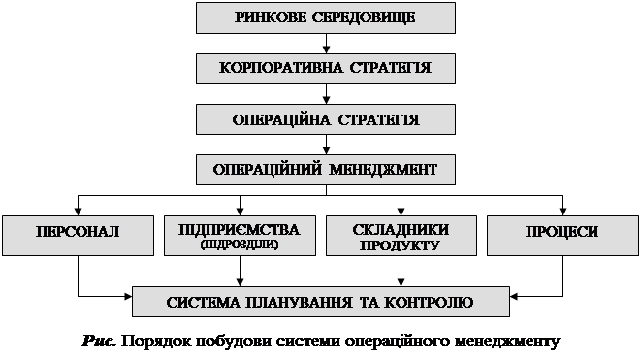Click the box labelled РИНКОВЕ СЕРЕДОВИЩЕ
(x=326, y=17)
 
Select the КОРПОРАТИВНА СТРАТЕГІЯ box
(x=326, y=68)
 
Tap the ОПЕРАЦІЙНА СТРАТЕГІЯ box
(x=326, y=119)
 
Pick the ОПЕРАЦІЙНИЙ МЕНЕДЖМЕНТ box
(x=326, y=170)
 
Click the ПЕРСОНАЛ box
(x=78, y=236)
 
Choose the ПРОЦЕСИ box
(x=562, y=236)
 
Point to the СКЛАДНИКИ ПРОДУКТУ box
(x=401, y=236)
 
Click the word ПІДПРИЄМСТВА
(x=240, y=230)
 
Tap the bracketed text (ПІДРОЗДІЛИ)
(x=240, y=245)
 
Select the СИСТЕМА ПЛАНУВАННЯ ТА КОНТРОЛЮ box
(x=321, y=302)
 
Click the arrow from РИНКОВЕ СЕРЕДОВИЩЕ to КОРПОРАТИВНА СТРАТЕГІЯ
(x=326, y=44)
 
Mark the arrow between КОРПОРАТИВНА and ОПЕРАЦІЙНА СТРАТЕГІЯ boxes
(x=326, y=94)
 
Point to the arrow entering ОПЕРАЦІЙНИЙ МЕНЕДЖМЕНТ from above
(x=326, y=145)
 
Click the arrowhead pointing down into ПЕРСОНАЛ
(x=78, y=212)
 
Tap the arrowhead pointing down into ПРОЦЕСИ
(x=562, y=212)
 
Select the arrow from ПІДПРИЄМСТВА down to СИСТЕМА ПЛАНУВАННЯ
(x=240, y=271)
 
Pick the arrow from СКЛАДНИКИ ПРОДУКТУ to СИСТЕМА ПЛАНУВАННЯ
(x=401, y=271)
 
